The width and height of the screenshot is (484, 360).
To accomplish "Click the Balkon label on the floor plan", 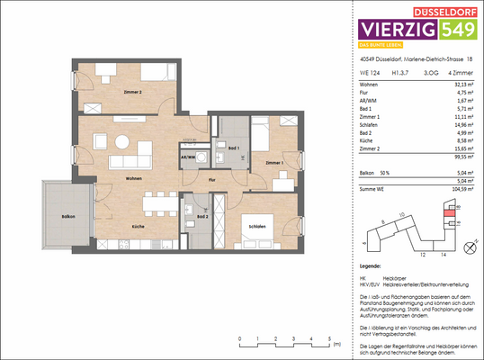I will [x=56, y=216].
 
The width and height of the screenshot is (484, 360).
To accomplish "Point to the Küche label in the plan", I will [x=139, y=226].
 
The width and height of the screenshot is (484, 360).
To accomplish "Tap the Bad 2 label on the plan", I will [x=203, y=217].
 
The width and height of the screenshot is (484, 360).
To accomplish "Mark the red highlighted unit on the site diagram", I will [x=439, y=213].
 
